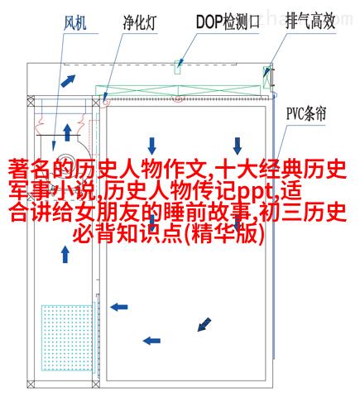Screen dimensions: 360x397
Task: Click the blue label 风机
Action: tap(74, 23)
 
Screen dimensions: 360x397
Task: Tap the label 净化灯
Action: tap(140, 22)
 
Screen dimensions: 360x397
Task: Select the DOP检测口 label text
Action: tap(228, 22)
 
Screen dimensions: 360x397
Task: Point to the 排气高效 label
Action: tap(310, 22)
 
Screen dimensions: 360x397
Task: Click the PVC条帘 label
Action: tap(306, 113)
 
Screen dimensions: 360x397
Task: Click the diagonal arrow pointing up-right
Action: tap(68, 81)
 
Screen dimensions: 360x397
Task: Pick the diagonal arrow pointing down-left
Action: tap(204, 324)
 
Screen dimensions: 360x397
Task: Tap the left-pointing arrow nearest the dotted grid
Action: tap(119, 307)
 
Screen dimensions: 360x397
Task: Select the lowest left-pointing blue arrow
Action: tap(151, 341)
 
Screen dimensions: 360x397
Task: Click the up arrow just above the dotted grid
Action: tap(65, 255)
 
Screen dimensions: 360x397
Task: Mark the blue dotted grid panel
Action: tap(67, 337)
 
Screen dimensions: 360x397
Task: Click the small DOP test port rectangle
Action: tap(177, 68)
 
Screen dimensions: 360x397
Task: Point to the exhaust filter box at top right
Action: tap(266, 77)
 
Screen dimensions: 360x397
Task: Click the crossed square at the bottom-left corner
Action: tap(31, 384)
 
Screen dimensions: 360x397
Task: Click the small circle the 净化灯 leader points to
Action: tap(105, 102)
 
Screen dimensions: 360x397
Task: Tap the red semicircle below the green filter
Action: tap(178, 99)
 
